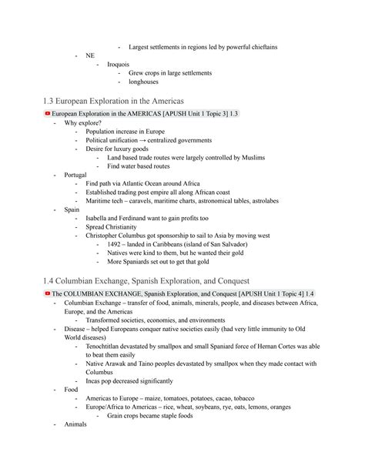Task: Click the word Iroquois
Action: (x=118, y=64)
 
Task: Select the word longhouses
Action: (x=143, y=82)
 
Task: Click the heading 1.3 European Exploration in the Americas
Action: (x=124, y=101)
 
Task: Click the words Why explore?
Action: (x=82, y=122)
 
